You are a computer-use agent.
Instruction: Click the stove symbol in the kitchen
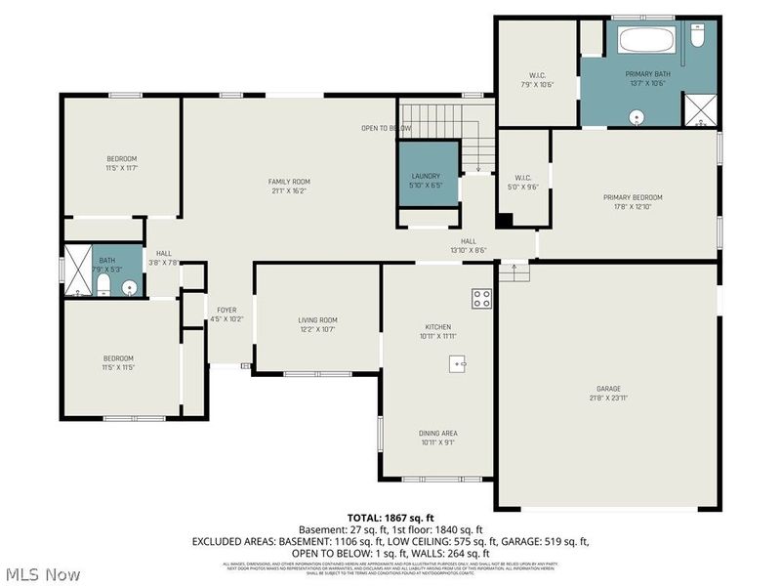(482, 299)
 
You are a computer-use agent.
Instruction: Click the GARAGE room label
(608, 389)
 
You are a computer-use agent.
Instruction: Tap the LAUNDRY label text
(427, 176)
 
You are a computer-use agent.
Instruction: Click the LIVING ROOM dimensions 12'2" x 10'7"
(316, 329)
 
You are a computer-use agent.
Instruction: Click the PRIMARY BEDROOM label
(632, 197)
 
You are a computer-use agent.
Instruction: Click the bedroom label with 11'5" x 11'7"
(121, 159)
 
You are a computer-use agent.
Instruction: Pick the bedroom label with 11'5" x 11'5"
(117, 358)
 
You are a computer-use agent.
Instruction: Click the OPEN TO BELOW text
(387, 128)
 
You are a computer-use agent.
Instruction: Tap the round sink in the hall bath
(128, 287)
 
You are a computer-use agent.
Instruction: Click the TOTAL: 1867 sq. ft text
(390, 517)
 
